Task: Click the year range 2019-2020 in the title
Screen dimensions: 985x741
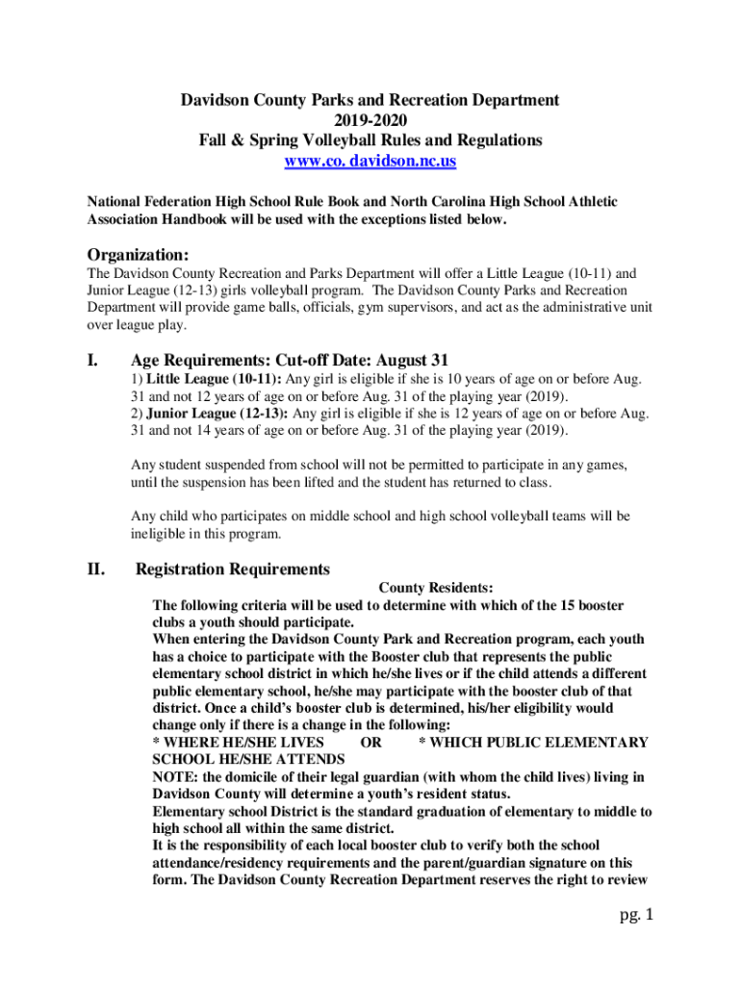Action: [370, 120]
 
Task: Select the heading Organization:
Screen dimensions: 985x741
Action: [139, 255]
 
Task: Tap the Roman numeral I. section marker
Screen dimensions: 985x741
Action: [94, 362]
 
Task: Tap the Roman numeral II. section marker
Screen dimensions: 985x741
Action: [96, 569]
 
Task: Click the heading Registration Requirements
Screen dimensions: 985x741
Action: [233, 569]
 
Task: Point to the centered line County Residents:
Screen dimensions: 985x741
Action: [436, 588]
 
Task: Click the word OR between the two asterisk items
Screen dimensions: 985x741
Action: [370, 743]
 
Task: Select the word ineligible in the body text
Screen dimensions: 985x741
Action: [159, 534]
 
